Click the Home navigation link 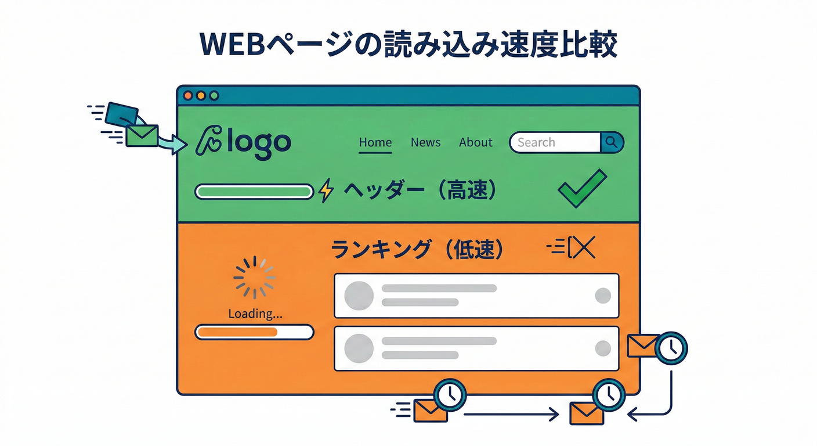(375, 142)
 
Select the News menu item (425, 142)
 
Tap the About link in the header (475, 142)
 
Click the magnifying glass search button (612, 142)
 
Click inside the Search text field (554, 142)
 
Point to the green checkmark (581, 188)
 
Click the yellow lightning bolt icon (327, 190)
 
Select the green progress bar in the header (254, 191)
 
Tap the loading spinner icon (254, 278)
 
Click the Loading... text (255, 314)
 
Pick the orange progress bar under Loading (254, 332)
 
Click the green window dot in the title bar (214, 95)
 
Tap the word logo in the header (258, 143)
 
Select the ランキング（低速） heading (417, 250)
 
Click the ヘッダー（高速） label (420, 190)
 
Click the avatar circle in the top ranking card (358, 296)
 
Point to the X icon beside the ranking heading (583, 248)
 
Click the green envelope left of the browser (142, 135)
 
